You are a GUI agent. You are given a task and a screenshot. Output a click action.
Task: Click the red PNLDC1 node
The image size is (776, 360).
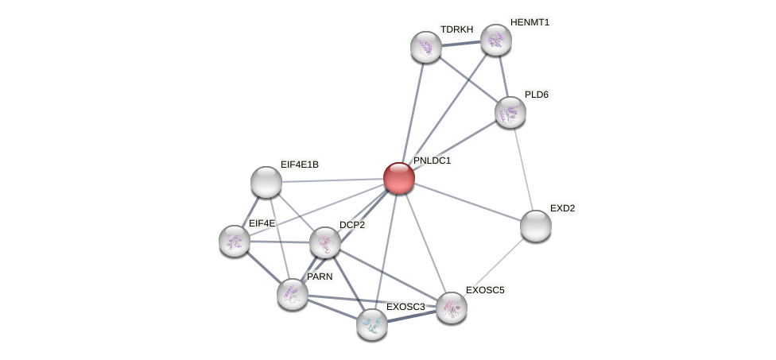point(398,177)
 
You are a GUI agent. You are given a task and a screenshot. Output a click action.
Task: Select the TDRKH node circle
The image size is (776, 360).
point(425,47)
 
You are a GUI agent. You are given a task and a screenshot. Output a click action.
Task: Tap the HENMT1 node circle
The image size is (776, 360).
point(495,40)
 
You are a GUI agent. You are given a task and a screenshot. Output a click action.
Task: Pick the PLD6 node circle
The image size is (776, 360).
point(510,112)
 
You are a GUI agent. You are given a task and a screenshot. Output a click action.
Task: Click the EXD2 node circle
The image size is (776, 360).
point(536,226)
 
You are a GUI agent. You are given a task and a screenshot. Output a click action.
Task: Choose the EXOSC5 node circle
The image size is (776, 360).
point(452,308)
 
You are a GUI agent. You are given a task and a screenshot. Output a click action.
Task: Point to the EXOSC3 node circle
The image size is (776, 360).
point(372,323)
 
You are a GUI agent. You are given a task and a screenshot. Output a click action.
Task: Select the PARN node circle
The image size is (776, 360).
point(293,294)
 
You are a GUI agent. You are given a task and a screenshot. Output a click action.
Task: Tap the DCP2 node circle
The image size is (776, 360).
point(324,242)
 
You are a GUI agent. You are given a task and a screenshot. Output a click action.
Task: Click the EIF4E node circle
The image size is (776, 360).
point(235,240)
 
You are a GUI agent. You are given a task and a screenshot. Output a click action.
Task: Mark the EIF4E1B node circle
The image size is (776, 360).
point(266,182)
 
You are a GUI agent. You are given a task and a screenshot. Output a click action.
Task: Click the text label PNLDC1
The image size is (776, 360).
point(432,161)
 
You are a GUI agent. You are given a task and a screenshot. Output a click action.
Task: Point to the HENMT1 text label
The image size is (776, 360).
point(530,22)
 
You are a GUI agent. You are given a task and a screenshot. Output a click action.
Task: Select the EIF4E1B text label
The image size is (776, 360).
point(300,165)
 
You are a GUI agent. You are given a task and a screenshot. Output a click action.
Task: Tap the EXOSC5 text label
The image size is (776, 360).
point(485,290)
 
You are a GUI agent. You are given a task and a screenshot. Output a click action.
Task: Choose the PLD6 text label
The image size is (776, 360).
point(537,95)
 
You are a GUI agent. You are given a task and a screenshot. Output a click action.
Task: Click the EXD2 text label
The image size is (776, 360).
point(562,208)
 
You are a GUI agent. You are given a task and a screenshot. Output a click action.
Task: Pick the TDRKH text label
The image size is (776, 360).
point(456,29)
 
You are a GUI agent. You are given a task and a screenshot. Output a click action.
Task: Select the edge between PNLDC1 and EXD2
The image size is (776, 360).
point(468,202)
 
